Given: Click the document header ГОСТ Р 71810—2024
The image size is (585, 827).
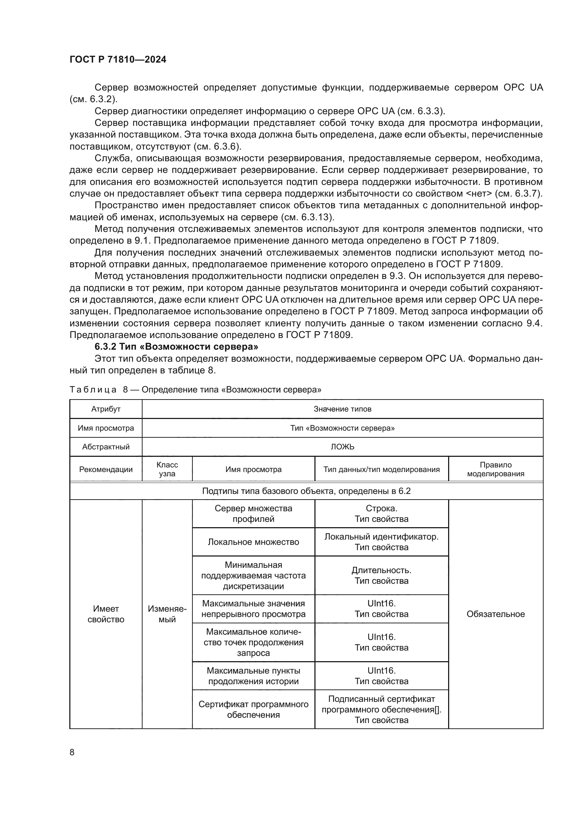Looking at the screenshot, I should tap(118, 59).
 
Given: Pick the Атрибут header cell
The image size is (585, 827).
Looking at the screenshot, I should tap(105, 409).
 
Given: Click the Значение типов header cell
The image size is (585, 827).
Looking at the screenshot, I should tap(342, 409).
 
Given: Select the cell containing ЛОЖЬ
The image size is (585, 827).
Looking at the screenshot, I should tap(342, 447).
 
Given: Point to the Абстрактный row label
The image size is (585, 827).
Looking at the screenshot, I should tap(105, 447).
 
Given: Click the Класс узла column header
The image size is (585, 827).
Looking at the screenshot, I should tap(167, 469).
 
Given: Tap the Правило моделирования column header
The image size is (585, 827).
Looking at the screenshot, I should tap(495, 469).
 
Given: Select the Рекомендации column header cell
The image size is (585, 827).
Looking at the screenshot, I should tap(105, 469).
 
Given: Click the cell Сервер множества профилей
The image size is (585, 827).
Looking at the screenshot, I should tap(253, 513).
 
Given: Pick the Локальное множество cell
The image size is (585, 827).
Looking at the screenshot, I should tap(253, 542).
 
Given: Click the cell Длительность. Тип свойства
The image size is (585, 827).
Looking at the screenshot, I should tap(381, 575).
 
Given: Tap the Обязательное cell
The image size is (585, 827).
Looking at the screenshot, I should tap(495, 614).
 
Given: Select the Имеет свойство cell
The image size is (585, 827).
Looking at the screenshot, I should tap(105, 614).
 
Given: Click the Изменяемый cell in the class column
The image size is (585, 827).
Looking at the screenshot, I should tap(167, 614).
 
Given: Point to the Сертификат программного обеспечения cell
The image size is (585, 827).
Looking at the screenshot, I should tap(253, 709).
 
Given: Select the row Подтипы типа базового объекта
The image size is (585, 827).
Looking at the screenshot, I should tap(306, 491).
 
